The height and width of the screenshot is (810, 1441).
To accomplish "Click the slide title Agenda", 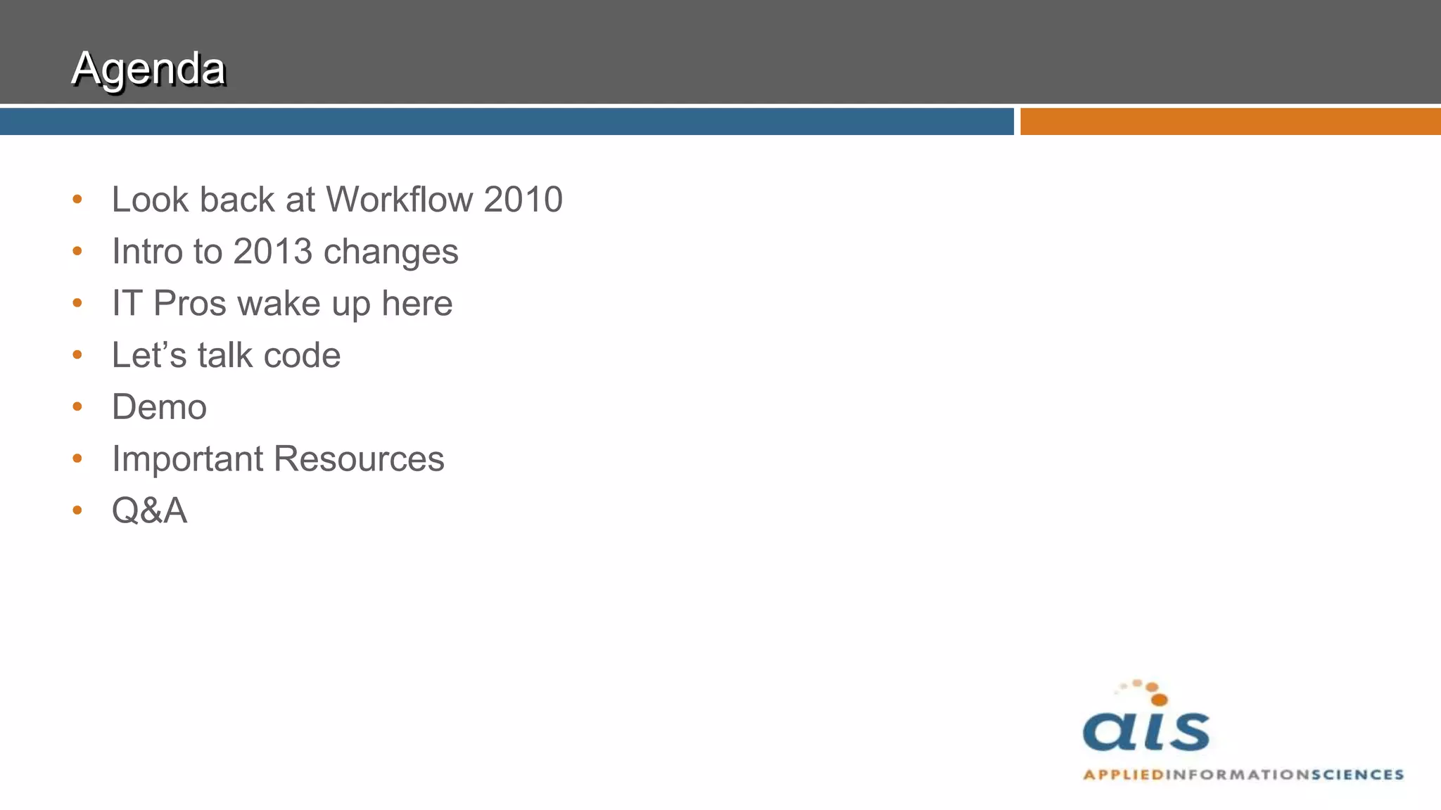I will coord(148,69).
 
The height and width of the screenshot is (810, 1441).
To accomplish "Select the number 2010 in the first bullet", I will coord(523,200).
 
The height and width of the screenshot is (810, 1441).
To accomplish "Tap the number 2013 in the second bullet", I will coord(272,252).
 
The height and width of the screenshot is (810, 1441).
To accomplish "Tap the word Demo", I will coord(159,407).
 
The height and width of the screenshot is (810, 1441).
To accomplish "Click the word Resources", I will coord(359,459).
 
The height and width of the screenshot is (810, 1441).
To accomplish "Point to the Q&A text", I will coord(149,510).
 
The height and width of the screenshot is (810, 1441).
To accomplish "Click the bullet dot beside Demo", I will coord(77,406).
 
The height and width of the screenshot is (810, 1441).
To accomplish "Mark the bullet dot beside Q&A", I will coord(77,510).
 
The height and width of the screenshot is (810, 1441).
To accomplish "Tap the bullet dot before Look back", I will coord(77,199).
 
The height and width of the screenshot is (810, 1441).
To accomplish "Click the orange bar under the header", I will coord(1230,122).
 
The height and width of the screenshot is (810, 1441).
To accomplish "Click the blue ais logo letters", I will coord(1146,731).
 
